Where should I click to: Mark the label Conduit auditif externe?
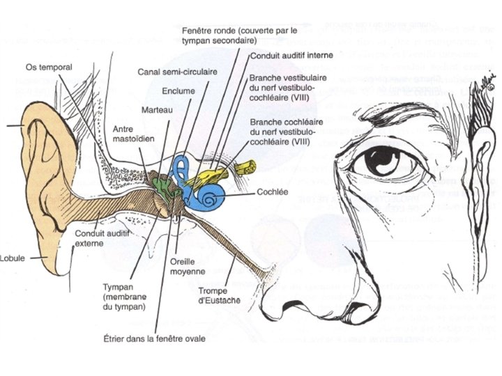pyautogui.click(x=99, y=239)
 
